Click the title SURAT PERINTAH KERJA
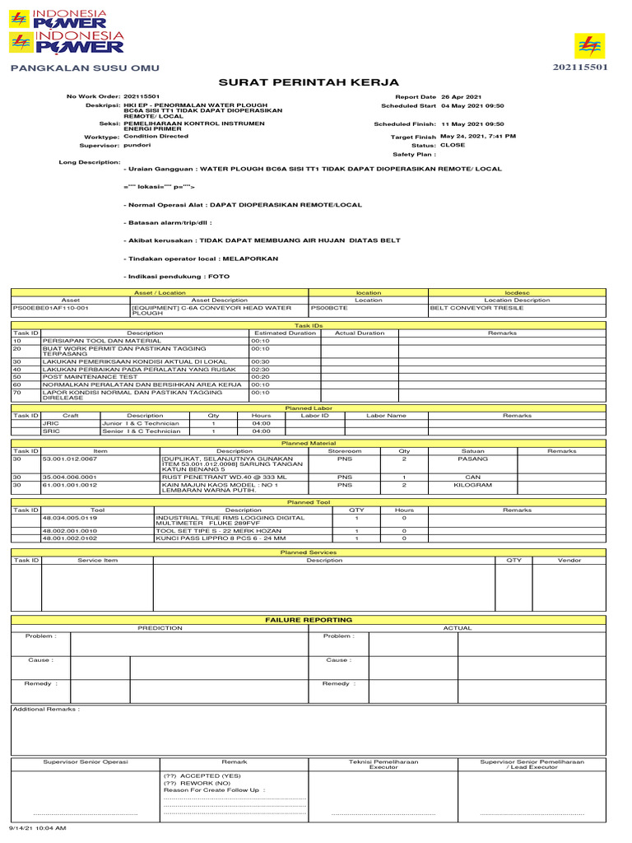tap(309, 82)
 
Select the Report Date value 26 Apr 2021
tap(462, 97)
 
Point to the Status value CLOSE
tap(453, 145)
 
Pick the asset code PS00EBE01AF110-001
tap(50, 307)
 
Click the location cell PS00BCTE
tap(329, 307)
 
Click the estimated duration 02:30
tap(261, 370)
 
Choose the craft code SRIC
tap(51, 431)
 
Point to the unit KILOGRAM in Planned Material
tap(473, 485)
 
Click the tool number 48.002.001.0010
tap(69, 531)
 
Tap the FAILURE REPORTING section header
tap(308, 618)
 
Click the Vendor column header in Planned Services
tap(569, 560)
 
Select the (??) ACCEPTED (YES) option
tap(202, 775)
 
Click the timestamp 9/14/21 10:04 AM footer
tap(37, 827)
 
